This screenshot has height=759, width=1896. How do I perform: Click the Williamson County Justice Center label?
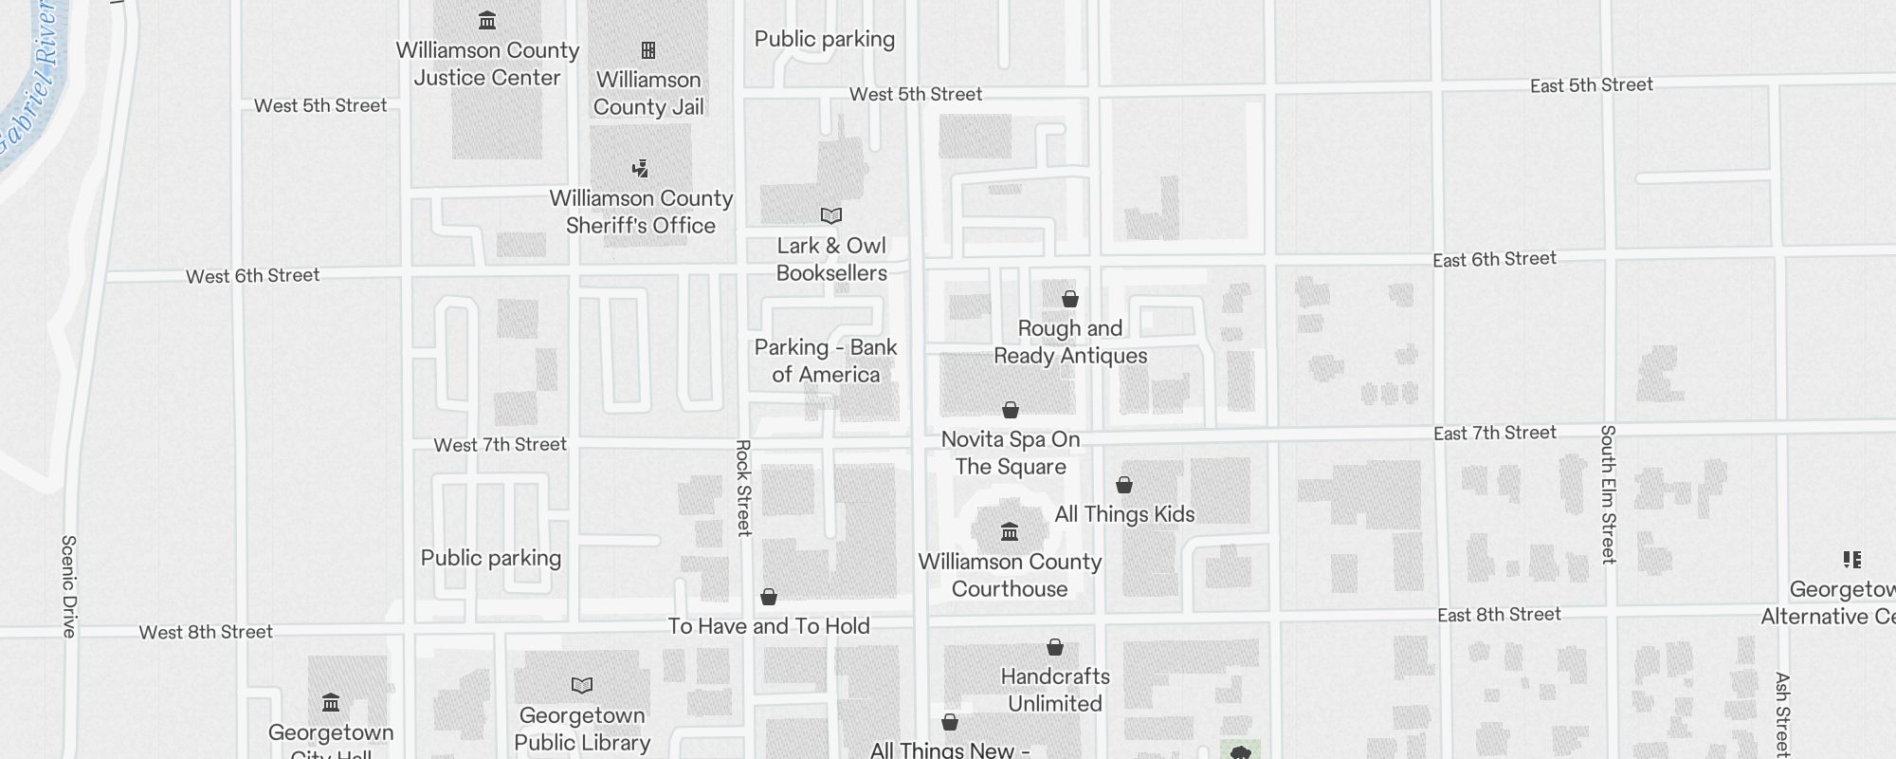coord(487,64)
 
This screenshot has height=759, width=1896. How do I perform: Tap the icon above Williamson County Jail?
coord(648,50)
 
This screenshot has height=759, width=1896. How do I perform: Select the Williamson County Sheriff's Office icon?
coord(641,170)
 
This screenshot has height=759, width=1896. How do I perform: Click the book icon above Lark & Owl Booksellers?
coord(831,216)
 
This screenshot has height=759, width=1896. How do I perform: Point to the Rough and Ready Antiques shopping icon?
coord(1070,300)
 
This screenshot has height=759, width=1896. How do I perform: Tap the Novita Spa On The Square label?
coord(1011,453)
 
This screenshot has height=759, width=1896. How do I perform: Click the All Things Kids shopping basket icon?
coord(1124,486)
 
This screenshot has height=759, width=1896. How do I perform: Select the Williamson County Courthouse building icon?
coord(1010,531)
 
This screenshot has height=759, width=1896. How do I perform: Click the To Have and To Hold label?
coord(769,626)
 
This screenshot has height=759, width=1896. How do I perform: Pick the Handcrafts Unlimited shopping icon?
coord(1055,648)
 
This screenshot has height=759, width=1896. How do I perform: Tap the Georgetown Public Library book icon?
coord(582,685)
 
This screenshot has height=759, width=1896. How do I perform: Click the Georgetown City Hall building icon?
coord(331,703)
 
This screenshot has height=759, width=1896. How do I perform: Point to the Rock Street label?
coord(744,488)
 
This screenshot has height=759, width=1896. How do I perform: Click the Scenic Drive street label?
coord(68,586)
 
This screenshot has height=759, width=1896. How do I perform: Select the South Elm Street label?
coord(1608,494)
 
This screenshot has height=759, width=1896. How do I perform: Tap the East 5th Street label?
coord(1592,85)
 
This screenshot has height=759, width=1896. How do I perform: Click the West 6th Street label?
coord(253,276)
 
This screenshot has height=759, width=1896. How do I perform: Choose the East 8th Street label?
coord(1499,615)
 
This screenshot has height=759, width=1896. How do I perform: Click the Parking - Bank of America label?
coord(826,361)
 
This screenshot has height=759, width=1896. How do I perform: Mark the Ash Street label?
coord(1782,714)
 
